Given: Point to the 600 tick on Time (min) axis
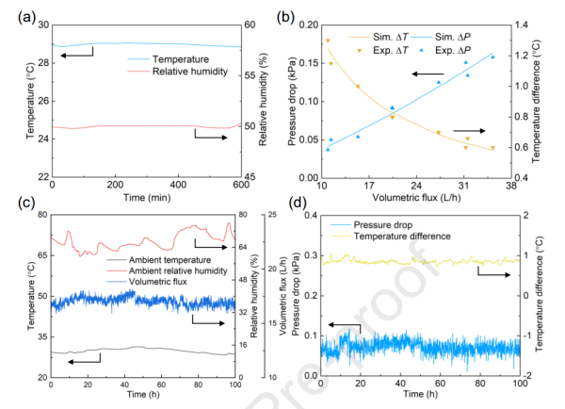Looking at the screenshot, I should click(x=234, y=185).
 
